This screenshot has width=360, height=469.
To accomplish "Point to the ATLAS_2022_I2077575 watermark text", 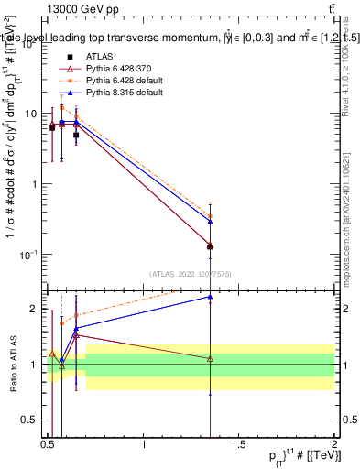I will [191, 273].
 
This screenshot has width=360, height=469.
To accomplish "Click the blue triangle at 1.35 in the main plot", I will [211, 222].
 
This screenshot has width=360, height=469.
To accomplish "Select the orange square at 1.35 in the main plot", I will [211, 216].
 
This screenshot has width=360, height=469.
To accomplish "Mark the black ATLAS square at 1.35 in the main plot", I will [211, 246].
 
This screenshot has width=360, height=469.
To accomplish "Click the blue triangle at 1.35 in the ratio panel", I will [211, 297].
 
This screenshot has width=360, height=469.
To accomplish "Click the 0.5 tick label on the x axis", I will [48, 444].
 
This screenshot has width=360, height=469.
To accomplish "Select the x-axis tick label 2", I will [333, 444].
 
